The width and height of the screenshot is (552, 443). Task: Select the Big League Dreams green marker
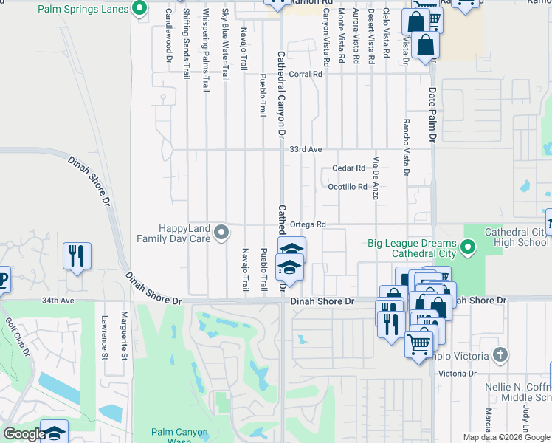[468, 246]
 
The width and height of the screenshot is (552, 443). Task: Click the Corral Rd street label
[306, 74]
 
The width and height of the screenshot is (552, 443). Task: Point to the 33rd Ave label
[306, 149]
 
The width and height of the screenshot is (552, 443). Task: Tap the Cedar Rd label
[348, 168]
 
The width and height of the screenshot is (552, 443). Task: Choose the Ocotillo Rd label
[347, 187]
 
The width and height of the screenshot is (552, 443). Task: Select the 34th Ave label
[58, 301]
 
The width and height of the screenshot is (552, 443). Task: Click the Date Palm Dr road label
[433, 114]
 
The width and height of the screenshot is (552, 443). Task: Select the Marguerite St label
[125, 340]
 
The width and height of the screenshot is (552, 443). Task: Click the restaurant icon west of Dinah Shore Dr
[77, 256]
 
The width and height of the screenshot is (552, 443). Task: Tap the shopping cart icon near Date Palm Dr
[418, 342]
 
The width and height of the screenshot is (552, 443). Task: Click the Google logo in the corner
[24, 434]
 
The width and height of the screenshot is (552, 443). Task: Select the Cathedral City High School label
[517, 237]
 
